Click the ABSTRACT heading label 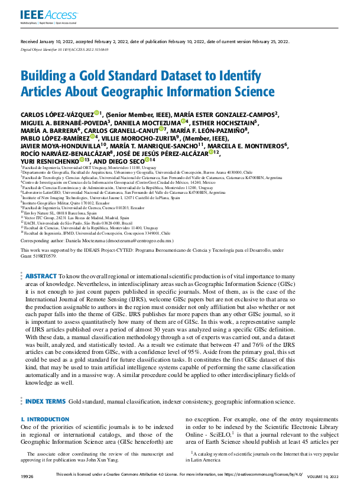point(40,276)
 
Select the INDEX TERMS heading point(45,401)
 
